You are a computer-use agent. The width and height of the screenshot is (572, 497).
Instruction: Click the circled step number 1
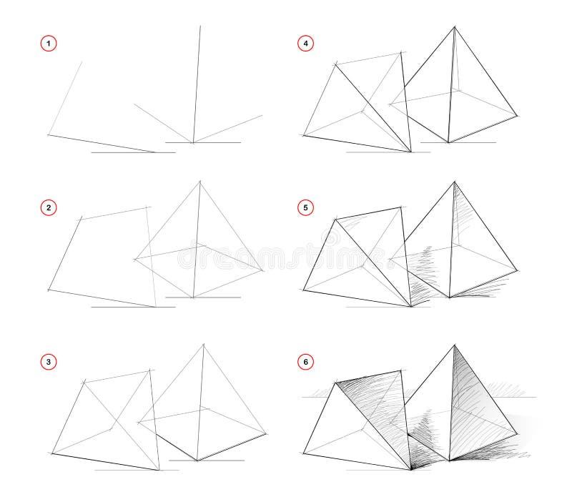pyautogui.click(x=49, y=44)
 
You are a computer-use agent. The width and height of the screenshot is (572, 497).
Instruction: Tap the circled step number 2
pyautogui.click(x=49, y=208)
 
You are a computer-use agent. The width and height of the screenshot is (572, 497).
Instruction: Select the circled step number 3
pyautogui.click(x=49, y=363)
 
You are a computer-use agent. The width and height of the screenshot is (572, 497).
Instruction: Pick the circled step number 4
pyautogui.click(x=305, y=44)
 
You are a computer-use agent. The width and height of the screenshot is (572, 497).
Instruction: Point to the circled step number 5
pyautogui.click(x=305, y=208)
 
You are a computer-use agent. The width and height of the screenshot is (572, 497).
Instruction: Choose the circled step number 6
pyautogui.click(x=305, y=363)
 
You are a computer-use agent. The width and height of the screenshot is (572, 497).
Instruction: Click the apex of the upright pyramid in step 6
pyautogui.click(x=454, y=345)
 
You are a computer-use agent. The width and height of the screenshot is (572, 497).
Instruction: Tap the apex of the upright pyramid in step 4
pyautogui.click(x=453, y=27)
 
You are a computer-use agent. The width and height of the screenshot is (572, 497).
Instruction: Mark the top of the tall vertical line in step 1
pyautogui.click(x=200, y=26)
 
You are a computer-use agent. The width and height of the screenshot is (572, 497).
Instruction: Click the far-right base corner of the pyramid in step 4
pyautogui.click(x=517, y=114)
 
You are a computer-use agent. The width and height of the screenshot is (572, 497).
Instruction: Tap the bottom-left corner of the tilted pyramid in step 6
pyautogui.click(x=303, y=453)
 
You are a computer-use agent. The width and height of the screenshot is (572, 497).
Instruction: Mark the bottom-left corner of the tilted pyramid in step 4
pyautogui.click(x=303, y=135)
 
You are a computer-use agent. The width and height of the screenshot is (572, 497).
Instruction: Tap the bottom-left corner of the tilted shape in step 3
pyautogui.click(x=52, y=453)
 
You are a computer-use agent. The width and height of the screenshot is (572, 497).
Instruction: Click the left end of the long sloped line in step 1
pyautogui.click(x=48, y=134)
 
